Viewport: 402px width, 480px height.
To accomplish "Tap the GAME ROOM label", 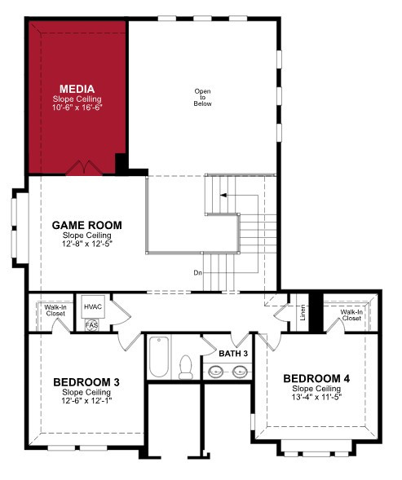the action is click(87, 225).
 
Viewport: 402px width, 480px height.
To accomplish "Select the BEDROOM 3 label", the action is click(86, 382).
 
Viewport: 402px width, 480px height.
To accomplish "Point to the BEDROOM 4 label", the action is click(316, 379).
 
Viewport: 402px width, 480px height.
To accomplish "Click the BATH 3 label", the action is click(233, 354).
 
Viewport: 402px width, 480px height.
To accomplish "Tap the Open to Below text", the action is click(202, 97).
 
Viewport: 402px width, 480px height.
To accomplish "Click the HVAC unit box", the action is click(93, 306).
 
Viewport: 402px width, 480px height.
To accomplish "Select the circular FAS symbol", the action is click(92, 325).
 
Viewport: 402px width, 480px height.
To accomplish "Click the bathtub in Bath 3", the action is click(159, 357).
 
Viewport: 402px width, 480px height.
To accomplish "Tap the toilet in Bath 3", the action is click(186, 367).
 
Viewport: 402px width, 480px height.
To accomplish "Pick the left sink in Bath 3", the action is click(216, 372).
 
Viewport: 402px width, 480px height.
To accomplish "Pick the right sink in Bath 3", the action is click(240, 372).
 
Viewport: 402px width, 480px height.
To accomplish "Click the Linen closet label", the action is click(303, 313).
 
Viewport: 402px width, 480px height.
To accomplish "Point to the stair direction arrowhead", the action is click(223, 195).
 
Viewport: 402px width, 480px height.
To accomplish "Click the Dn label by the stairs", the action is click(198, 272).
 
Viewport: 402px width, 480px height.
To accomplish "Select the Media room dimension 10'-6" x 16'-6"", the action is click(77, 108).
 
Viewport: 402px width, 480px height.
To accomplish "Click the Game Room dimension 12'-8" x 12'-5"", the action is click(87, 244).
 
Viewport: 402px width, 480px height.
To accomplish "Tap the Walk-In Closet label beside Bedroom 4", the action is click(351, 315).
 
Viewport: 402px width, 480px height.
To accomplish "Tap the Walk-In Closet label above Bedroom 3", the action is click(55, 310).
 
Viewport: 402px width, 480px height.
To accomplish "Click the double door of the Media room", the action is click(84, 168).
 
